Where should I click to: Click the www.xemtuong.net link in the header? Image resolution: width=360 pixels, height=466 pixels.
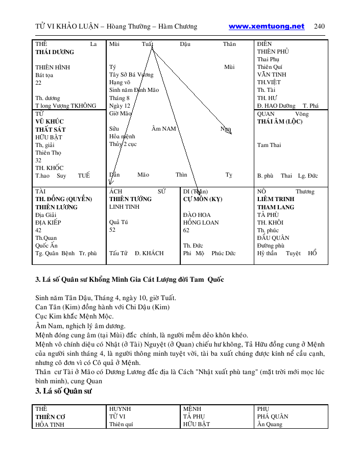click(x=266, y=27)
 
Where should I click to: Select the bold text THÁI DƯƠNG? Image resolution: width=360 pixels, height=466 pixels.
click(x=55, y=52)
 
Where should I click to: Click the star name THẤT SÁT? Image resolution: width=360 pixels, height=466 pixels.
click(x=51, y=130)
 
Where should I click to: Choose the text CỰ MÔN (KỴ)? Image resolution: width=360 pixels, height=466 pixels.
click(x=203, y=199)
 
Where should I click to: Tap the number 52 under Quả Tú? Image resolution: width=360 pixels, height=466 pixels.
click(x=112, y=230)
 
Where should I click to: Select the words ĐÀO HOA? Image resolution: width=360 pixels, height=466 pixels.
click(x=197, y=215)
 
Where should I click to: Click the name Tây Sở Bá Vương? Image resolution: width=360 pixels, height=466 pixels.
click(x=131, y=75)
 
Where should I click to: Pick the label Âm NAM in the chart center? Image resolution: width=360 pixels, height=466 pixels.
click(x=164, y=129)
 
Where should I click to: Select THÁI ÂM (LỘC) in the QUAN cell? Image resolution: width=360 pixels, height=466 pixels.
click(x=280, y=121)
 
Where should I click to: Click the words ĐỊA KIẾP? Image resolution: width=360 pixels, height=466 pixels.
click(x=49, y=223)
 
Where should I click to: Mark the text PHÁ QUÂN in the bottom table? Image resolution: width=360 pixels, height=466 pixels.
click(x=273, y=416)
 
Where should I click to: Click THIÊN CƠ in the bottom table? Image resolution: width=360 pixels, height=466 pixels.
click(x=50, y=416)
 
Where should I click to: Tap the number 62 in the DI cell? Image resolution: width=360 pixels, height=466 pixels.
click(x=186, y=230)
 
